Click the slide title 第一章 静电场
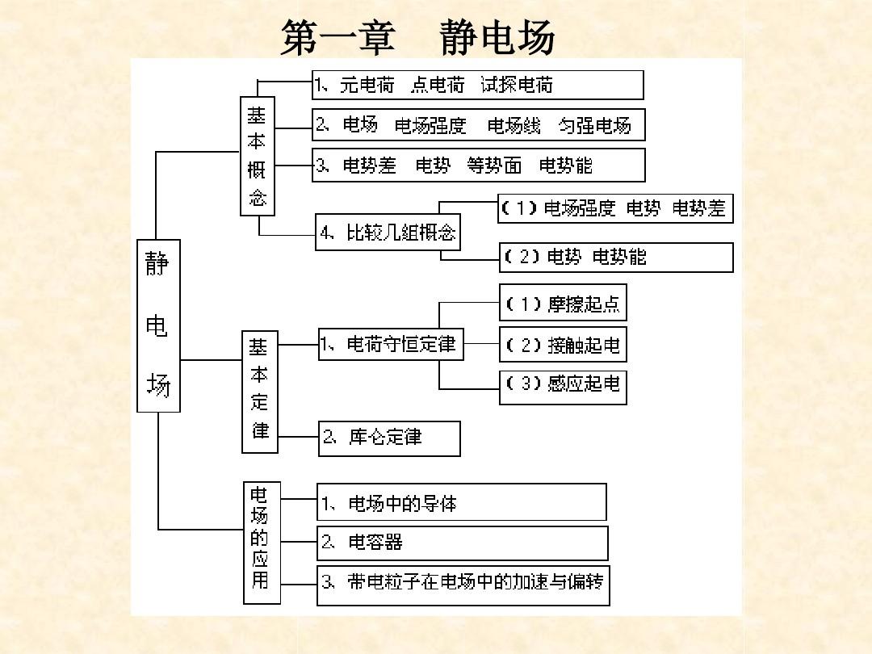coord(417,37)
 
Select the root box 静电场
coord(158,326)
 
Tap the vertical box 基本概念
coord(258,157)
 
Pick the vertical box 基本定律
coord(260,392)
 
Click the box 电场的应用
coord(262,543)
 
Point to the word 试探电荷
coord(517,85)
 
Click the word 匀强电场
coord(594,126)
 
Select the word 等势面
coord(494,166)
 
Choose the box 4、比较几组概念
coord(388,232)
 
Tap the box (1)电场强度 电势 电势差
coord(615,208)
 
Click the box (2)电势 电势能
coord(616,258)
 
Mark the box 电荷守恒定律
coord(391,344)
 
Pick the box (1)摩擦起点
coord(563,303)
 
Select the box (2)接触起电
coord(563,345)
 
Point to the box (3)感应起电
coord(563,387)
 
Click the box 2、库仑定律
coord(389,438)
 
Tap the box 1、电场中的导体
coord(462,502)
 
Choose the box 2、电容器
coord(462,543)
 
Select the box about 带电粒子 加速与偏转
coord(463,585)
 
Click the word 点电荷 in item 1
coord(438,85)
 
